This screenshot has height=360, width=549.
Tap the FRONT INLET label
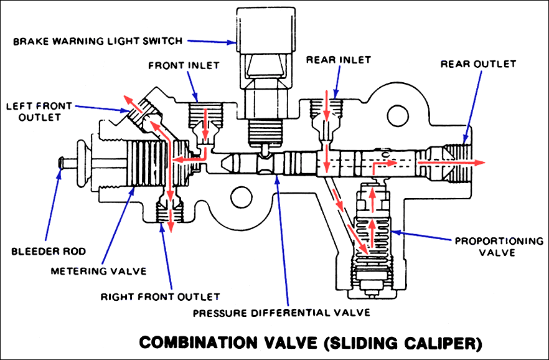coord(176,65)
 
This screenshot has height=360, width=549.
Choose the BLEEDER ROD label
coord(41,252)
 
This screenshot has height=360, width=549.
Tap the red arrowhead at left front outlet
coord(127,99)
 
